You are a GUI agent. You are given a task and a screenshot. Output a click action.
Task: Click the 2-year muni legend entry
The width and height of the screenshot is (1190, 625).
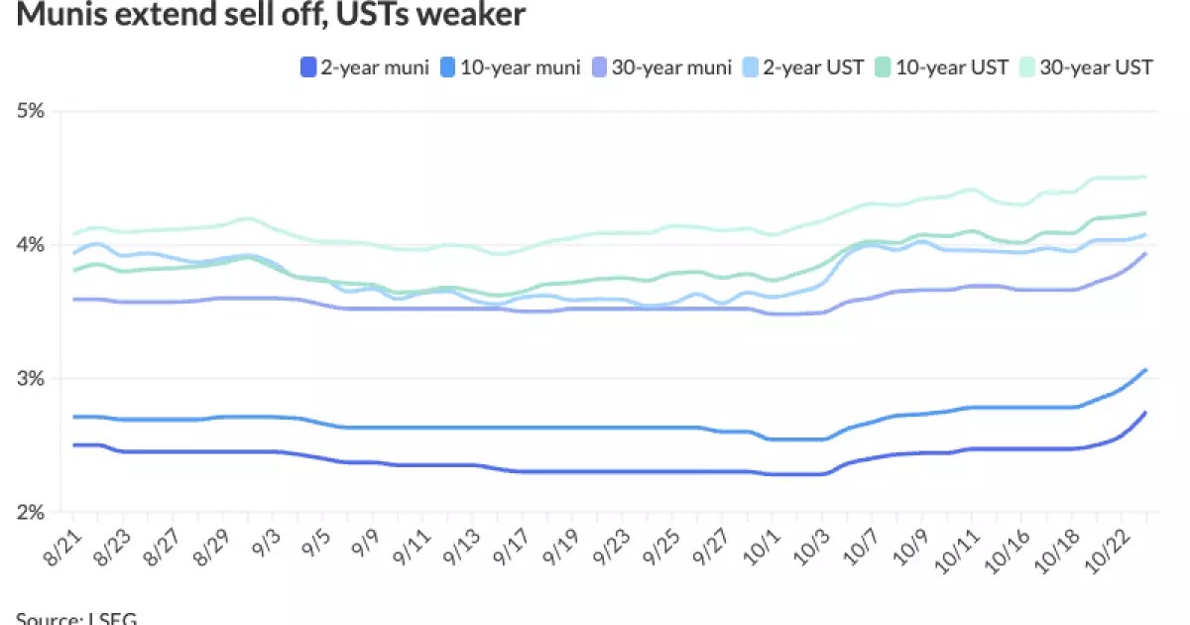363,67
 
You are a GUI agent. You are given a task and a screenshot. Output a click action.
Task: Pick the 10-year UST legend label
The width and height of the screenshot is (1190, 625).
950,67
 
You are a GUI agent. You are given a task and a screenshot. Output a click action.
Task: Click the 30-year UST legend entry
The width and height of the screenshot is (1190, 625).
1094,67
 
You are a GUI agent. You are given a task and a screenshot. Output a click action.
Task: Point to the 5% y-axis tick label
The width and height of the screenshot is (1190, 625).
31,111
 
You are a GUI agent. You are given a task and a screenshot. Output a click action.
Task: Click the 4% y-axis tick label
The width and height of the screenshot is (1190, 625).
31,245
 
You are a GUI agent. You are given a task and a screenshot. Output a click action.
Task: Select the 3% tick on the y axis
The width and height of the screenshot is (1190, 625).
31,379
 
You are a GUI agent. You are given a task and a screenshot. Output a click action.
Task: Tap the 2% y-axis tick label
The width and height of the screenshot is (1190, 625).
31,513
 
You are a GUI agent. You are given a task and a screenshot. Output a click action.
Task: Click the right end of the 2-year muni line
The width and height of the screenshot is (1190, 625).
1146,413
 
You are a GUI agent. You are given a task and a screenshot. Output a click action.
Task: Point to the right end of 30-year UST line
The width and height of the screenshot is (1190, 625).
1146,177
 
